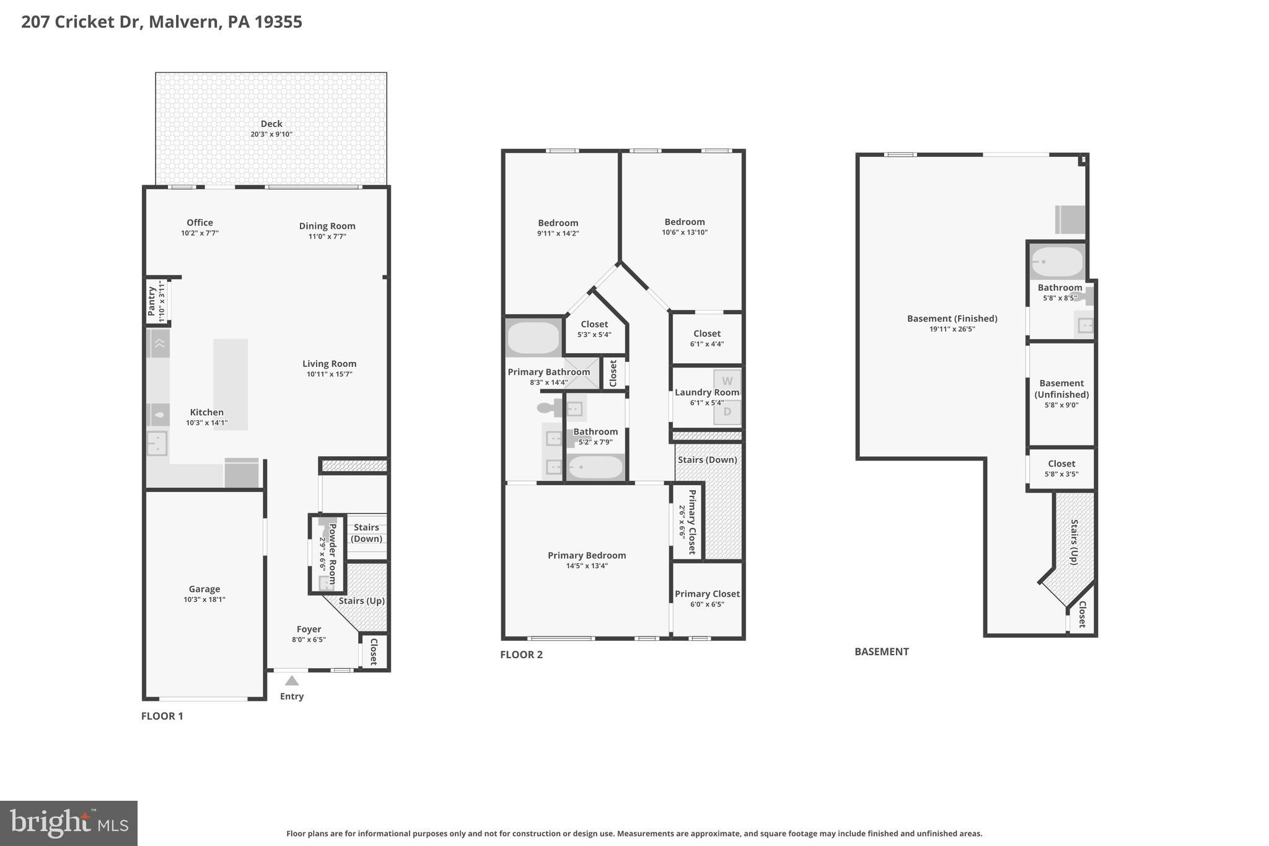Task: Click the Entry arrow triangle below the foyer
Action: pyautogui.click(x=291, y=681)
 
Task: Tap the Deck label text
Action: pyautogui.click(x=271, y=124)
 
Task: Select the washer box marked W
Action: pyautogui.click(x=727, y=381)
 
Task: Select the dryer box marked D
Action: pyautogui.click(x=727, y=412)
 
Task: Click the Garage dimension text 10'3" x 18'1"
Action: pyautogui.click(x=204, y=599)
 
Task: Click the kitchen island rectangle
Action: pyautogui.click(x=231, y=384)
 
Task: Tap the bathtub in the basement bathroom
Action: pyautogui.click(x=1056, y=262)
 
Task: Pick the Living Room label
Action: pyautogui.click(x=329, y=364)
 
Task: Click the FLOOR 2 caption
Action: pyautogui.click(x=521, y=654)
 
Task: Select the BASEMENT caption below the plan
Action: pyautogui.click(x=881, y=651)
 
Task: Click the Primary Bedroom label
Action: pyautogui.click(x=587, y=555)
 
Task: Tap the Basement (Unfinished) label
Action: pyautogui.click(x=1061, y=389)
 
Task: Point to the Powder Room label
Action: pyautogui.click(x=332, y=553)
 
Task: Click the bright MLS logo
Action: pyautogui.click(x=69, y=823)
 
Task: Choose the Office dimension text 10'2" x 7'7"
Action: pyautogui.click(x=200, y=234)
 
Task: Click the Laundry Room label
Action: pyautogui.click(x=706, y=392)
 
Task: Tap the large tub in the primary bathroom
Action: pyautogui.click(x=534, y=338)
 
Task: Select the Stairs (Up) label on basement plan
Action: pyautogui.click(x=1074, y=542)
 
